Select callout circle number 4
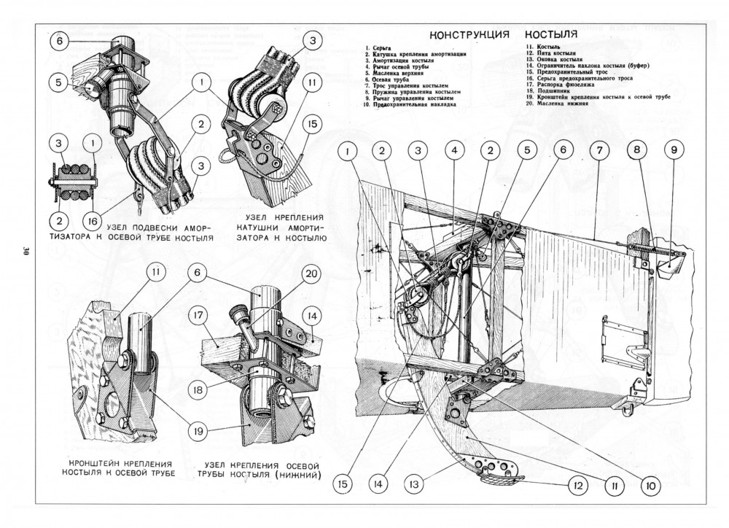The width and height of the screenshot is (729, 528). (x=453, y=151)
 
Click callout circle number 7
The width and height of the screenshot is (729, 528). (x=597, y=151)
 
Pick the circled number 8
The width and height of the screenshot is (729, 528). (x=636, y=151)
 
